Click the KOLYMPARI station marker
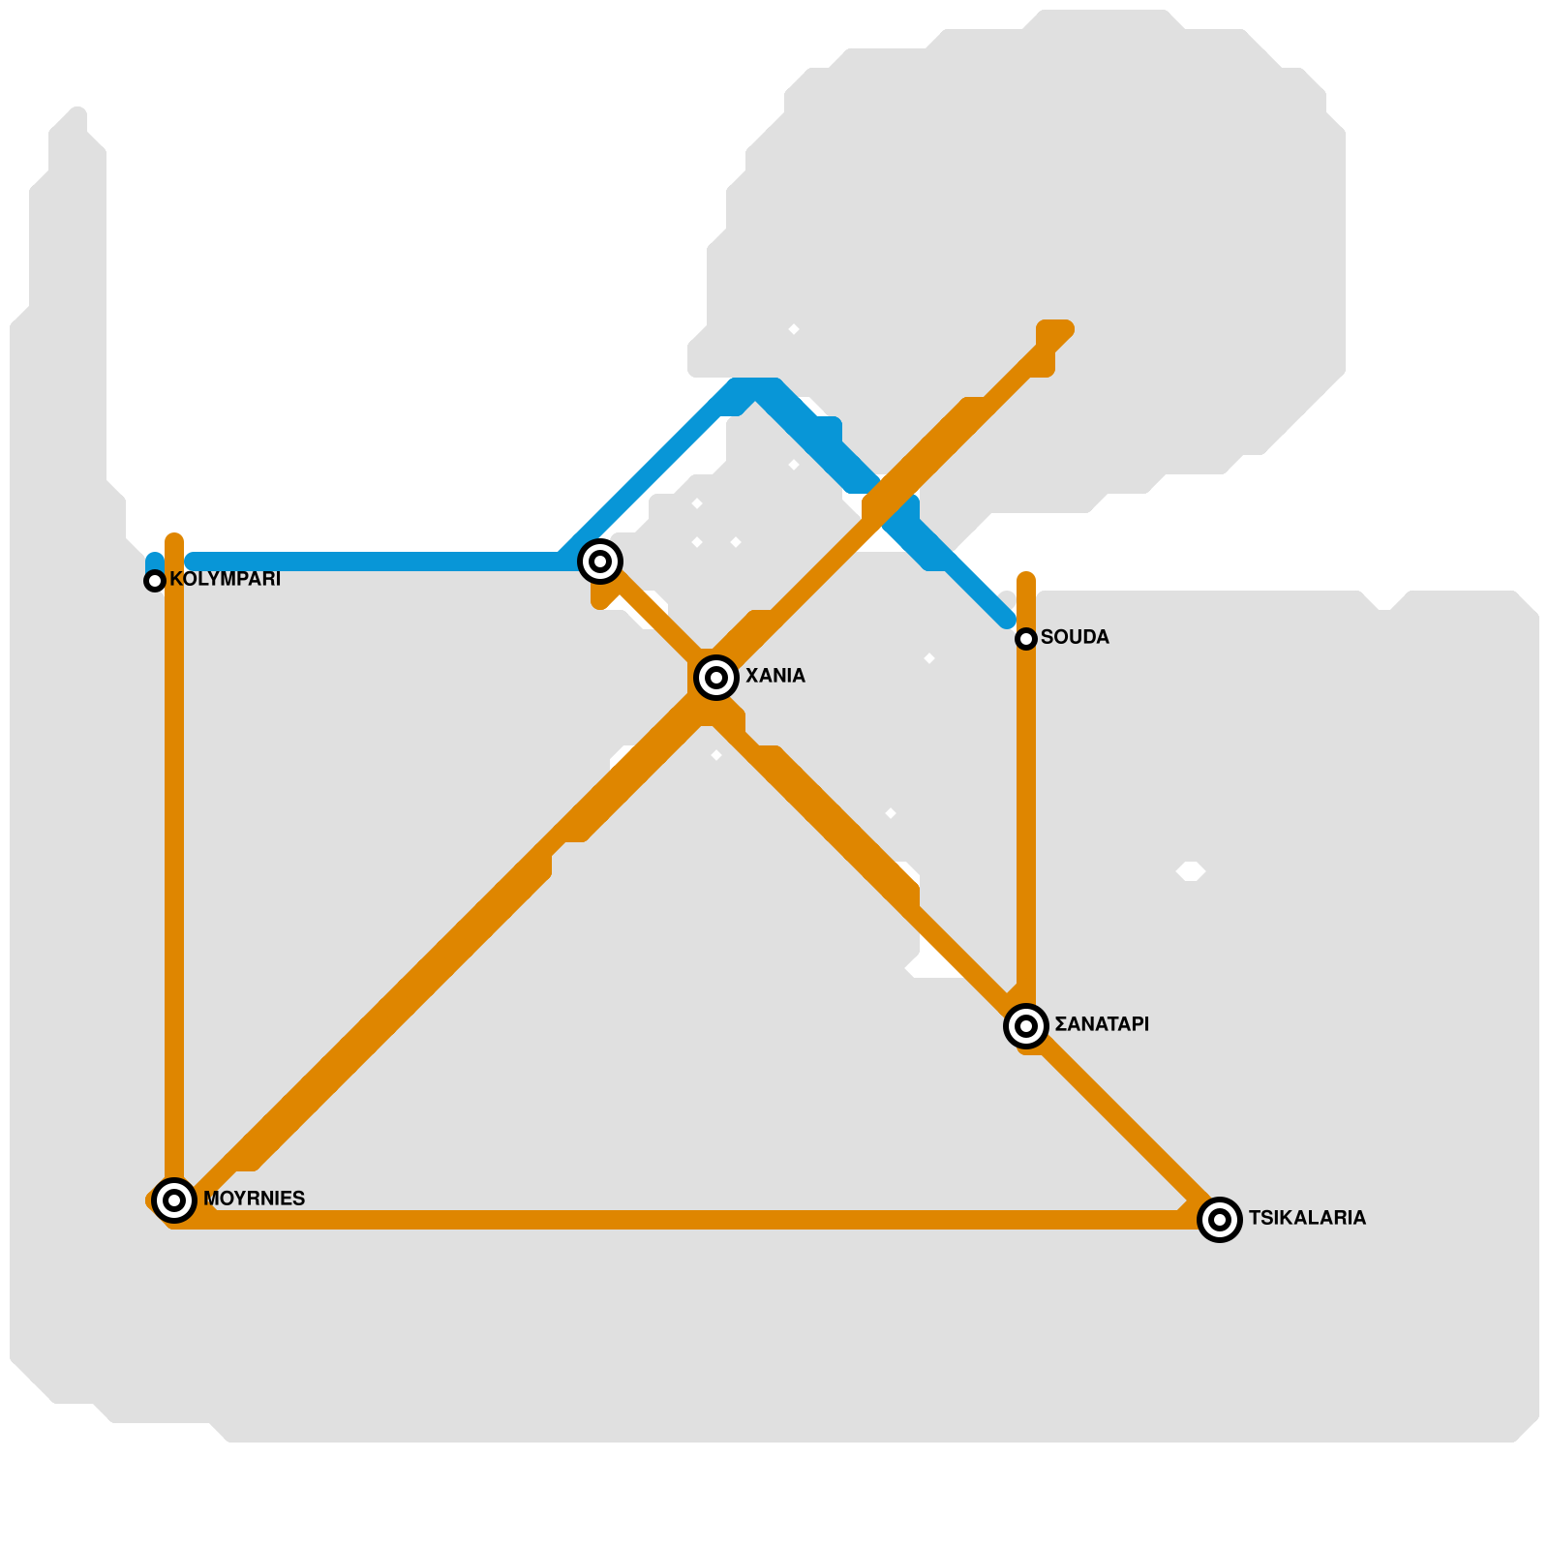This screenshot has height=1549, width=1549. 155,581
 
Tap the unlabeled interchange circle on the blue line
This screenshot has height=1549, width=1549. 600,562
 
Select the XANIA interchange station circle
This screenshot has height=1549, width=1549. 716,678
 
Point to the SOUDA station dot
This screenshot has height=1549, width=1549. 1026,639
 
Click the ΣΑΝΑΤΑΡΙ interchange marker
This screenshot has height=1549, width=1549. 1026,1026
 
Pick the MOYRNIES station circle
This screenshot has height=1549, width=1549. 174,1200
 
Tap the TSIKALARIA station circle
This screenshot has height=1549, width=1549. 1220,1220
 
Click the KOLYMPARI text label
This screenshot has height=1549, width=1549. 225,579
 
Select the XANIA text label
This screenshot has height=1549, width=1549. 774,676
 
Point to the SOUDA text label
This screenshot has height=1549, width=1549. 1075,637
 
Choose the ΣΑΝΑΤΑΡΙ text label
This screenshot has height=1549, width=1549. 1102,1024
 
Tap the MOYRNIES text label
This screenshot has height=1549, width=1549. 254,1199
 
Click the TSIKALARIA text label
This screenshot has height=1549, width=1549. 1307,1218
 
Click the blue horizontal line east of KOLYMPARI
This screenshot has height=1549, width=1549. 378,562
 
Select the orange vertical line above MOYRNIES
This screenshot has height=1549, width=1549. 174,871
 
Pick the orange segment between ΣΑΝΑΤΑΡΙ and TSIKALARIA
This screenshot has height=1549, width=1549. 1123,1123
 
